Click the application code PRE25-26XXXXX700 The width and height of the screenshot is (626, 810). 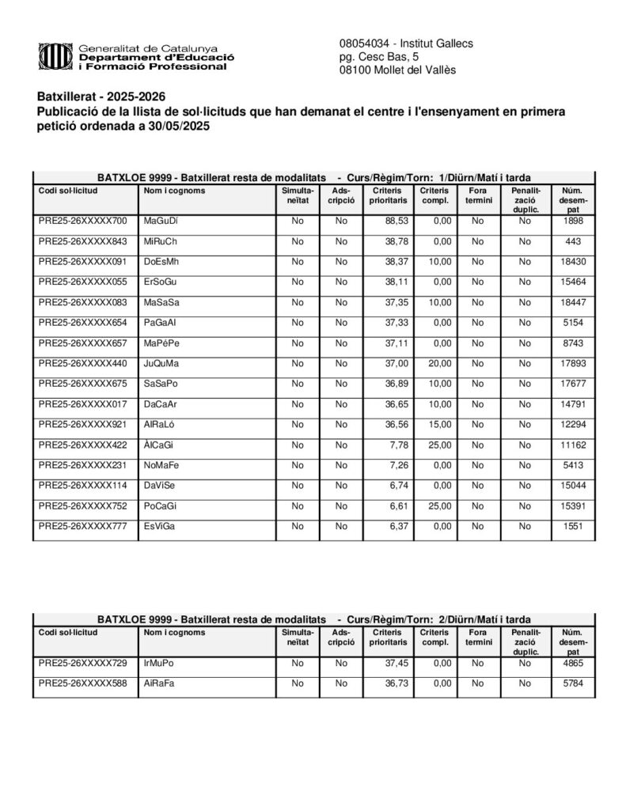[82, 221]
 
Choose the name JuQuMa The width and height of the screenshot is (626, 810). [161, 363]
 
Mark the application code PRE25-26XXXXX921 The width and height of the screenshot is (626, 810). [82, 424]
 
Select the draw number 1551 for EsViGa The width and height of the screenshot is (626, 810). [573, 526]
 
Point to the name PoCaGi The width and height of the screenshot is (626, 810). [161, 505]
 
